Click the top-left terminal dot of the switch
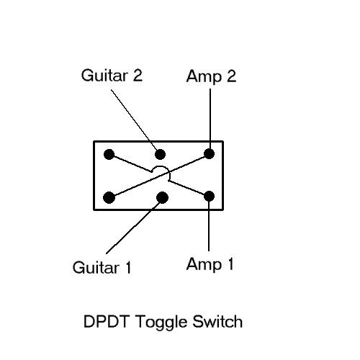109,154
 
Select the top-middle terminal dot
160,154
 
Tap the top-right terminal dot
209,154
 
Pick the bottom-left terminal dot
109,197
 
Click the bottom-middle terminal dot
162,197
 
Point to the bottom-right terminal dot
209,197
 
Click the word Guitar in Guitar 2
104,76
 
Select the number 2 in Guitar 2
138,76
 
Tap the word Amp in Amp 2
204,77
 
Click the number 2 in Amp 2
231,76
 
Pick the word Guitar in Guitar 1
96,267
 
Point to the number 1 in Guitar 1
128,267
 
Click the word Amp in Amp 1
204,264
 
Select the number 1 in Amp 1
230,264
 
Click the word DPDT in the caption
107,321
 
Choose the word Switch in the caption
217,321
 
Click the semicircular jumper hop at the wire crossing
161,168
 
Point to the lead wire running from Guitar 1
133,227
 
